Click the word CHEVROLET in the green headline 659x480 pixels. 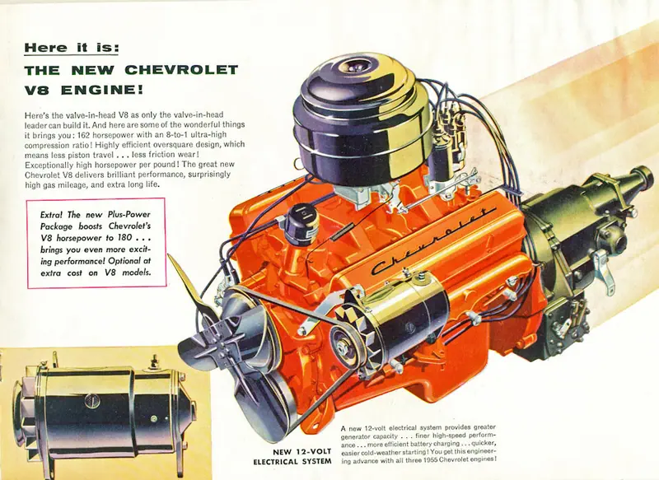(x=181, y=70)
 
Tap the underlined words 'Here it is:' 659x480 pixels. (x=72, y=48)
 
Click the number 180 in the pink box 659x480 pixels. (x=126, y=238)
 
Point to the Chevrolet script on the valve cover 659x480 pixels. (x=433, y=241)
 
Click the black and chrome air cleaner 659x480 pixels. (x=362, y=118)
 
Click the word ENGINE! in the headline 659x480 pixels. (x=102, y=90)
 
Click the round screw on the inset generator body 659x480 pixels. (x=91, y=401)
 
